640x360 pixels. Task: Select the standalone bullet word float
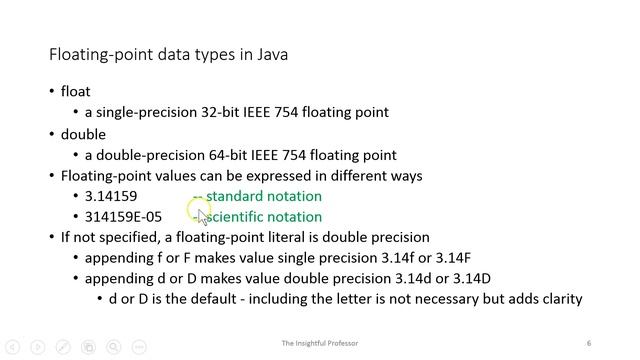(x=76, y=92)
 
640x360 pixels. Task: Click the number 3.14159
(x=111, y=196)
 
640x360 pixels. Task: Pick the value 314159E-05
(x=123, y=217)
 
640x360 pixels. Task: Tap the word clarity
(x=559, y=299)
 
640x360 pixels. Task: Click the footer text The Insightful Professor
(x=320, y=344)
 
